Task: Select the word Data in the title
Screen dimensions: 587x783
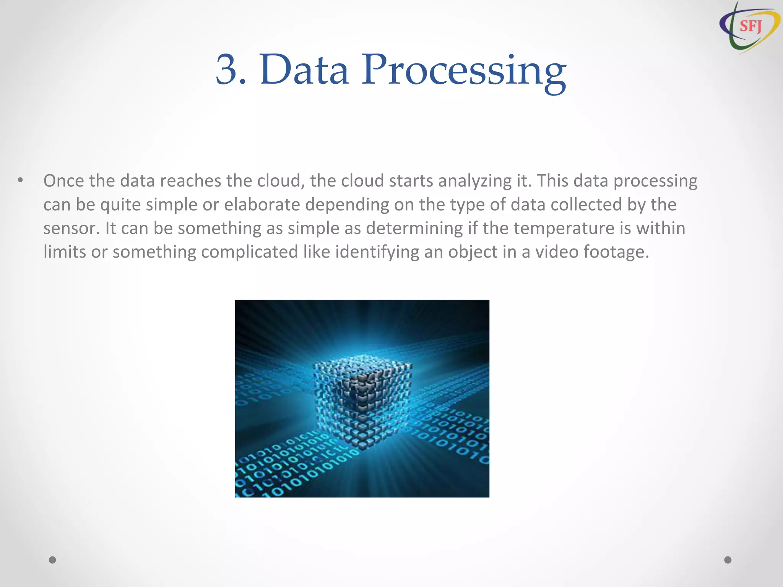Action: coord(304,70)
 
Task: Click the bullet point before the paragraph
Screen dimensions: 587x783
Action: coord(21,180)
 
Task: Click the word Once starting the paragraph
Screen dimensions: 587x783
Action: coord(63,181)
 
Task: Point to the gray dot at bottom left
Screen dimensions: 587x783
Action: coord(52,560)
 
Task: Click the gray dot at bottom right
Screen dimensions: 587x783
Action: coord(728,560)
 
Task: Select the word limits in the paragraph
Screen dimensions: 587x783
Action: coord(65,252)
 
